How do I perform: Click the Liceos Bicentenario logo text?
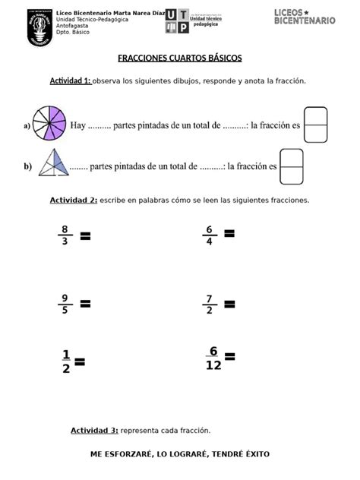(x=304, y=17)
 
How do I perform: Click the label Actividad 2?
(x=73, y=201)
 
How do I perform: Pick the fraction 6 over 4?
(x=207, y=235)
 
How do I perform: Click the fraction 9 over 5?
(x=65, y=304)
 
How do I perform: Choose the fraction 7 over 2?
(x=207, y=304)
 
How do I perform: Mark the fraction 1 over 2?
(x=65, y=362)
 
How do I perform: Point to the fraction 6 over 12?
(x=213, y=358)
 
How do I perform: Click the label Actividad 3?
(x=94, y=431)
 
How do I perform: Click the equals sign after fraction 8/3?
(x=85, y=236)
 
